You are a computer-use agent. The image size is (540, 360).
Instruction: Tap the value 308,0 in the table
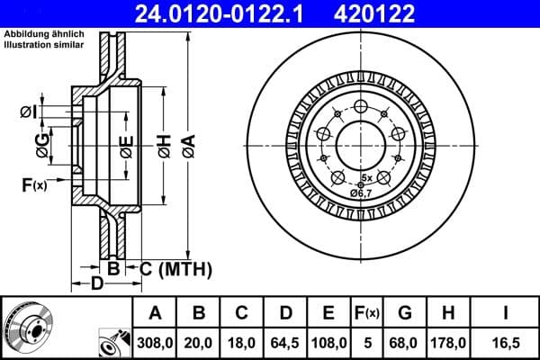click(x=155, y=341)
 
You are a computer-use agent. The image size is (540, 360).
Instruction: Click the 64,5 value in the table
click(x=286, y=341)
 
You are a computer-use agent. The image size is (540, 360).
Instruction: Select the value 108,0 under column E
click(x=329, y=341)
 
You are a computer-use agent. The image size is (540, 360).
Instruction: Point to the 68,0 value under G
click(x=405, y=341)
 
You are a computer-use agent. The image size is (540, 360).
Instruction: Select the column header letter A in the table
click(x=155, y=313)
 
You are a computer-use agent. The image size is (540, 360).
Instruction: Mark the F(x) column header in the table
click(x=366, y=313)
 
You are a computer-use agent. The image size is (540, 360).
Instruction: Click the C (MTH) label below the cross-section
click(x=175, y=268)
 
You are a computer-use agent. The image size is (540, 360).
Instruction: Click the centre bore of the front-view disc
click(x=360, y=142)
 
